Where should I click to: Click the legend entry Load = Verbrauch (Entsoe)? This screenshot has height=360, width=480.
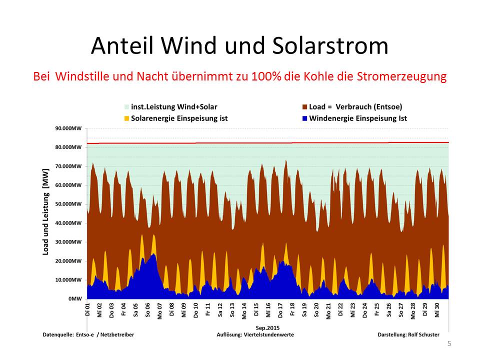(x=355, y=107)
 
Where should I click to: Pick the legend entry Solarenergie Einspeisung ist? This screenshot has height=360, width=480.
(x=178, y=118)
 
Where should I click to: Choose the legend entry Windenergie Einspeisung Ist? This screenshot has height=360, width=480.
(x=357, y=118)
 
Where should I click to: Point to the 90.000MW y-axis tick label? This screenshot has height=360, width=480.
(x=68, y=128)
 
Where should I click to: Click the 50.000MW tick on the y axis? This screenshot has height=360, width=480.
(x=68, y=204)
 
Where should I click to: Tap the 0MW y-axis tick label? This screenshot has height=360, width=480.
(x=74, y=298)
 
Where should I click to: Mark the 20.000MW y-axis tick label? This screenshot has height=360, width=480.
(x=68, y=261)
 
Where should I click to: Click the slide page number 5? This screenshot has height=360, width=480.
(x=449, y=344)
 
